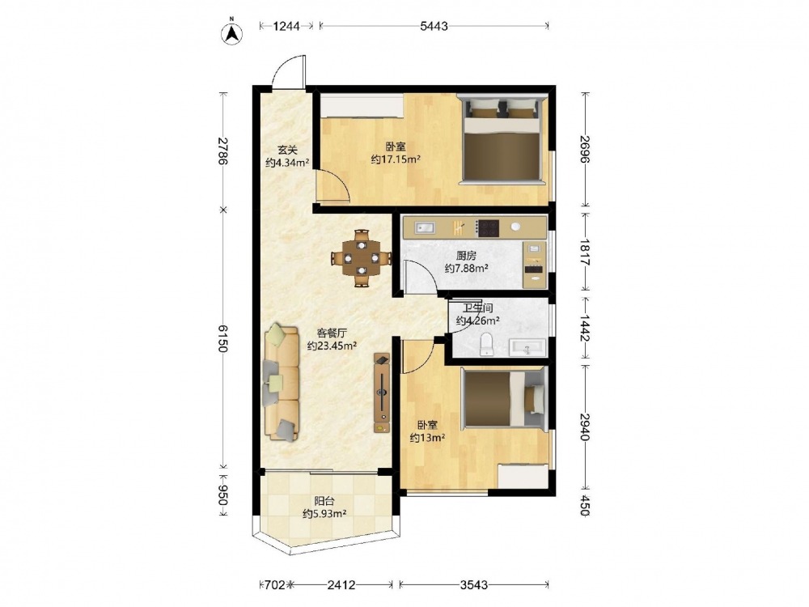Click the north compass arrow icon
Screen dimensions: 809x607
(231, 32)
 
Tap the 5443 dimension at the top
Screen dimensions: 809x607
(434, 27)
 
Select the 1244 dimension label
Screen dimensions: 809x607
(286, 27)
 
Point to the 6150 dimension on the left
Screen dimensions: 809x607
(222, 338)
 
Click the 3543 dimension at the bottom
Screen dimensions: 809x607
(474, 585)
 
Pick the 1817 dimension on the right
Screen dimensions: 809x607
(585, 252)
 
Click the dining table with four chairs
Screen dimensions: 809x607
(362, 258)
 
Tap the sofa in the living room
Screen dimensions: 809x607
(282, 383)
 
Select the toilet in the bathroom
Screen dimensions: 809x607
(486, 344)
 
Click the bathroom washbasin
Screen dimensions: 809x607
(527, 347)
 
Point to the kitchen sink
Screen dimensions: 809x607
(426, 227)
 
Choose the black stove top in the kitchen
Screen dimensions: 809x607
(487, 227)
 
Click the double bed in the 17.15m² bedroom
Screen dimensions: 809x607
(502, 138)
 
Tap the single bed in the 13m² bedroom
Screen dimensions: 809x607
(503, 398)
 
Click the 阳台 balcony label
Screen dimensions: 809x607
(324, 501)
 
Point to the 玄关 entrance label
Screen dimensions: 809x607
(287, 151)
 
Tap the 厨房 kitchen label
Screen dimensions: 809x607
(467, 256)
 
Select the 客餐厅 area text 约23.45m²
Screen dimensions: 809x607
(332, 346)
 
